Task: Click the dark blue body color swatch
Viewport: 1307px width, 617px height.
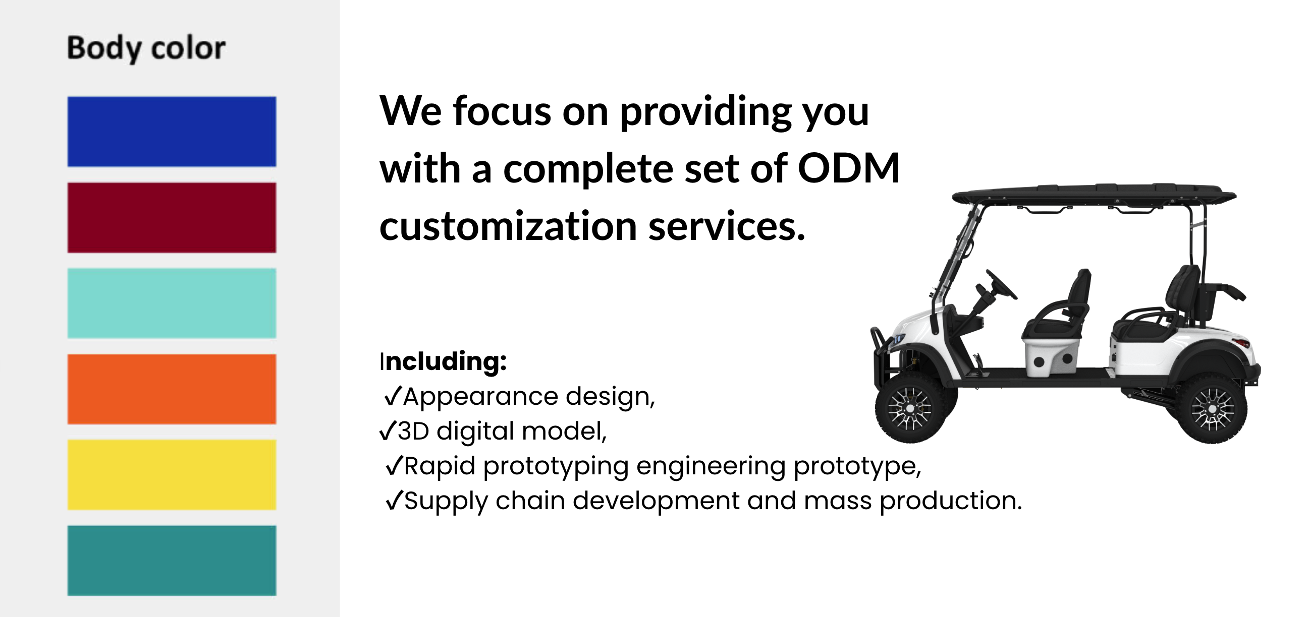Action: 172,131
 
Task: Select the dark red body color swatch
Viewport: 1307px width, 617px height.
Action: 172,217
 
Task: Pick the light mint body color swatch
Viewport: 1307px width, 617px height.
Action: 172,303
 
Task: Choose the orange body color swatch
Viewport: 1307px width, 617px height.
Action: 172,389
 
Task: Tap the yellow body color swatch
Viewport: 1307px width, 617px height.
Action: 172,474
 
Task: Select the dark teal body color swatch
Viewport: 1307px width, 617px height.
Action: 172,560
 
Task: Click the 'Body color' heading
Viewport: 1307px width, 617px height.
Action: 146,49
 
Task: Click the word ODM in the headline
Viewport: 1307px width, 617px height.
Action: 849,168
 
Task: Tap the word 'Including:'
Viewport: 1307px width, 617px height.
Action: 444,361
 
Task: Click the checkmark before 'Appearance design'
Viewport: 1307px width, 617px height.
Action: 394,396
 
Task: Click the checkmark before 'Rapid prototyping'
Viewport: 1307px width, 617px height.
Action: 395,465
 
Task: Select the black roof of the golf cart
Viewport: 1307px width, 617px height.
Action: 1094,195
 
